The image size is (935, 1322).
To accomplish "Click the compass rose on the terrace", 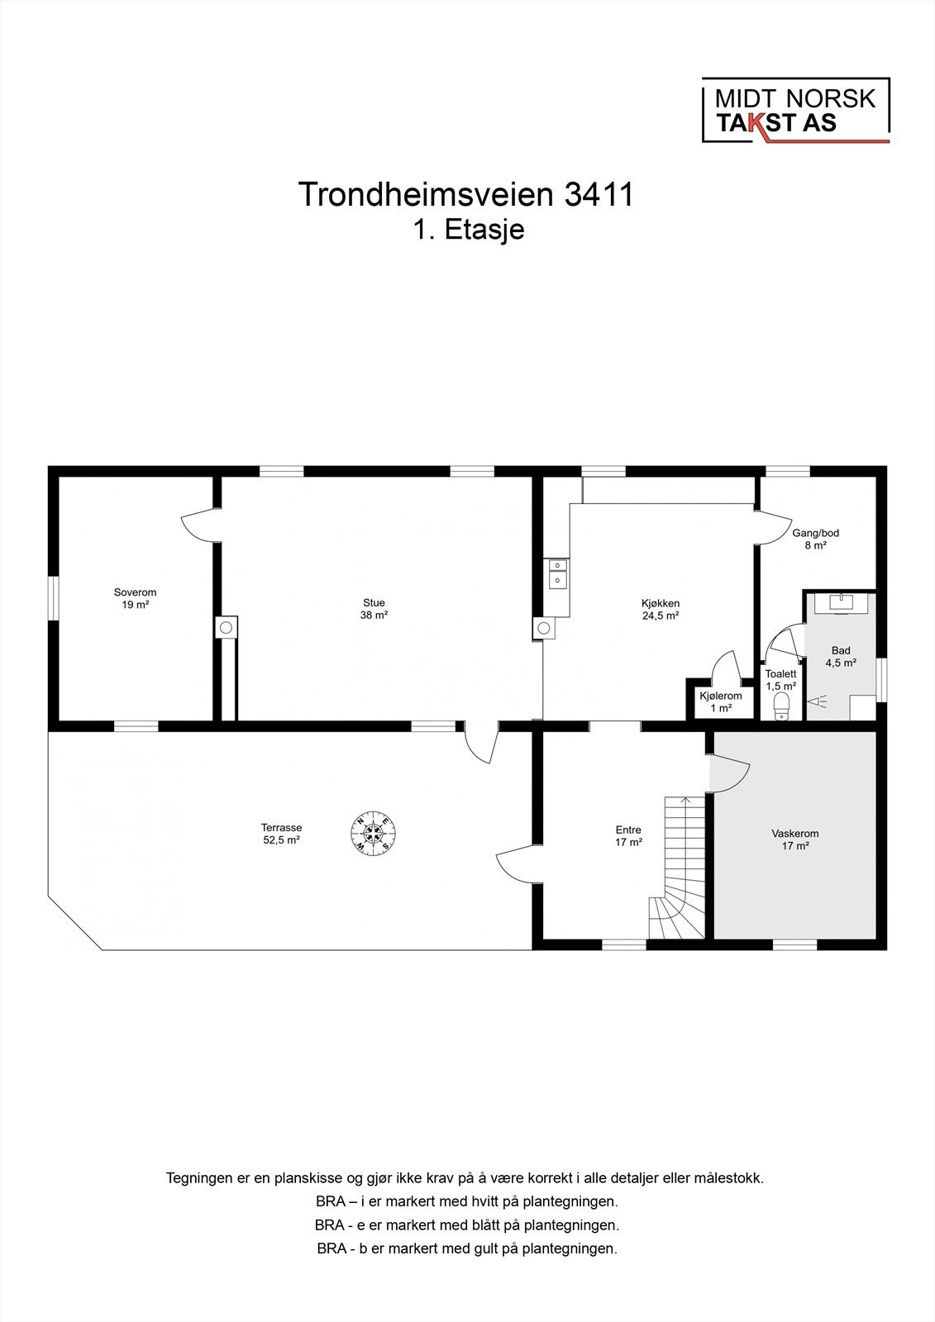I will pos(374,833).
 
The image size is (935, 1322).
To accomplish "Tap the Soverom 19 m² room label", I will pos(135,598).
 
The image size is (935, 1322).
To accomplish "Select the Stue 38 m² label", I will pos(374,609).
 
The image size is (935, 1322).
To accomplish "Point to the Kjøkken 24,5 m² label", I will pos(661,609).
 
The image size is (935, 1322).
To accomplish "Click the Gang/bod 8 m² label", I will pos(815,539).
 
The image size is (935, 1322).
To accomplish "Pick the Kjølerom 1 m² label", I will pos(721,701).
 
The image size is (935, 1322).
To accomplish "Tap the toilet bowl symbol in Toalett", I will pos(781,707).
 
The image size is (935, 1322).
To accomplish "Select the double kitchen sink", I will pos(557,573).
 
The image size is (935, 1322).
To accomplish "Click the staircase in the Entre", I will pos(680,868).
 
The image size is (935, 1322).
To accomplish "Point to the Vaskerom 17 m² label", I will pos(794,839).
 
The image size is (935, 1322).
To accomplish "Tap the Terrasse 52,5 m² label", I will pos(281,833).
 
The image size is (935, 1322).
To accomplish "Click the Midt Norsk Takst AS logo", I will pos(795,111).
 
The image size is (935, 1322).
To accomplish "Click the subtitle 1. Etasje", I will pos(469,230).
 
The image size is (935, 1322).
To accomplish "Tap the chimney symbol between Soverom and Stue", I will pos(226,628).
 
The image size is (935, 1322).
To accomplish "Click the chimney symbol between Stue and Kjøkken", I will pos(543,628).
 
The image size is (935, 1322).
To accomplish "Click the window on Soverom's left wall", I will pos(53,597).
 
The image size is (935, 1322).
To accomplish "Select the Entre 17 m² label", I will pos(628,836).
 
